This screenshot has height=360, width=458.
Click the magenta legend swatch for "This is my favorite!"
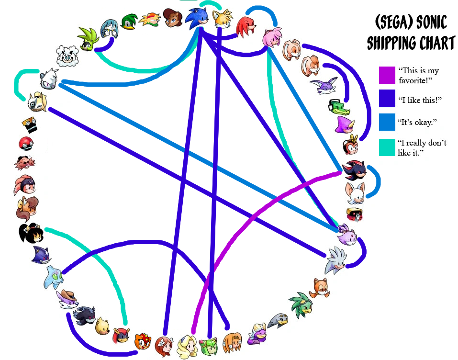pos(387,75)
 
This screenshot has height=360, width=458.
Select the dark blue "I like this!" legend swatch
pos(387,98)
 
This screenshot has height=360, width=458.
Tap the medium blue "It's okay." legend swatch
pos(387,122)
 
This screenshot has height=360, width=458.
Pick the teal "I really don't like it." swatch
pos(387,147)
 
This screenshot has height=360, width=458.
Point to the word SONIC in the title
pos(431,22)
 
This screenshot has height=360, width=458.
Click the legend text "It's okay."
pos(417,122)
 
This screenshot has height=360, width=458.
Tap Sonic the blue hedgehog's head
pos(198,18)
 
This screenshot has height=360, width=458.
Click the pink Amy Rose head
pos(272,37)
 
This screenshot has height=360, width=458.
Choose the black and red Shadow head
pos(354,170)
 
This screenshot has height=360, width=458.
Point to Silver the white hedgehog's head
pos(336,260)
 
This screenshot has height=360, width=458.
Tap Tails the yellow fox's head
pos(223,18)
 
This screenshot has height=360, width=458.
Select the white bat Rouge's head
pos(355,193)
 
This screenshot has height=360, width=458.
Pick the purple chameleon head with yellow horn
pos(345,124)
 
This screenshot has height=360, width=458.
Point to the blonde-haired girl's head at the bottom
pos(187,346)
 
